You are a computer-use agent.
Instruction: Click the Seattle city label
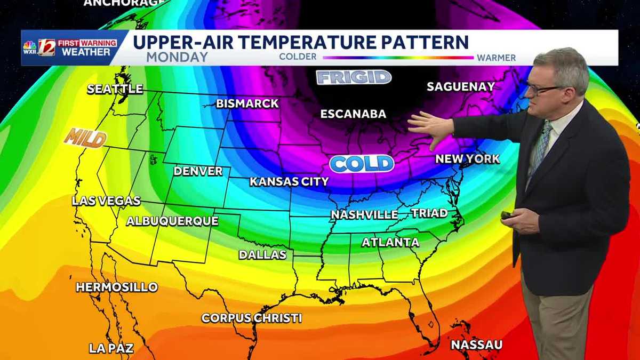[115, 89]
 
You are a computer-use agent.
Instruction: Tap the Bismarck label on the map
[247, 103]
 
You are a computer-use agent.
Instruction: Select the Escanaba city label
[353, 114]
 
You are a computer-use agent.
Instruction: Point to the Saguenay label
[461, 86]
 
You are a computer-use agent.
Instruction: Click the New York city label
[468, 159]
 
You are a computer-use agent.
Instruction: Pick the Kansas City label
[289, 182]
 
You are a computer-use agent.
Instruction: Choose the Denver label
[198, 171]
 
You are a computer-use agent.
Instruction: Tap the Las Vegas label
[106, 201]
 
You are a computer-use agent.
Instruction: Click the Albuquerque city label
[172, 221]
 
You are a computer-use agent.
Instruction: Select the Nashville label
[364, 215]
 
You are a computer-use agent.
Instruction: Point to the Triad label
[429, 213]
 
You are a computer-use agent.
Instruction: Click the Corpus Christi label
[252, 318]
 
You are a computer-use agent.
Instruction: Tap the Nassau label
[476, 345]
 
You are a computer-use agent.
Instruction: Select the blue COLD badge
[362, 164]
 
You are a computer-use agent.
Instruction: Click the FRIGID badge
[354, 77]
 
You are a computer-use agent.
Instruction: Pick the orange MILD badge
[85, 138]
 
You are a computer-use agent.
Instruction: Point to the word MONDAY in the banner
[177, 57]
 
